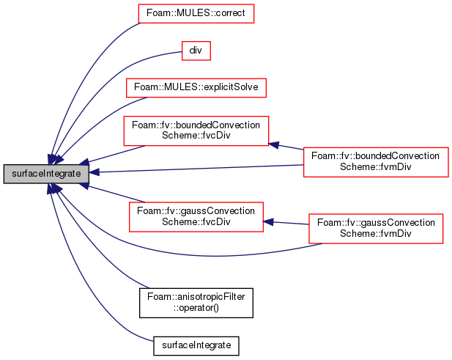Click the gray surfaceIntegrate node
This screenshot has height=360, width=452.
(x=46, y=174)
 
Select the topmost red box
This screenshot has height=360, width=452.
(x=196, y=13)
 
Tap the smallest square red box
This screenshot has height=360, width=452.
(x=196, y=51)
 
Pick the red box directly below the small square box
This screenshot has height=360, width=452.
(x=196, y=87)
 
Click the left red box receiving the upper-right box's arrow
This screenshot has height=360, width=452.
(x=196, y=131)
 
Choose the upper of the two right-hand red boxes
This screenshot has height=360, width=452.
(x=375, y=161)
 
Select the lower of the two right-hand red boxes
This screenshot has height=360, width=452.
(x=376, y=228)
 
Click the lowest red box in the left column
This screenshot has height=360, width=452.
(x=196, y=217)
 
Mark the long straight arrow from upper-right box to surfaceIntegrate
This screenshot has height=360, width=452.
(x=198, y=169)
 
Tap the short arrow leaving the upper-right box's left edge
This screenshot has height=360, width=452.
(x=287, y=147)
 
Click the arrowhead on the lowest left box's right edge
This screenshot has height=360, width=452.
(x=268, y=220)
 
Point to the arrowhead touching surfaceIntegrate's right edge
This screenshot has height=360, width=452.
(x=95, y=173)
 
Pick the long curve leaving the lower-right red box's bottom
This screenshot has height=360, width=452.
(x=220, y=255)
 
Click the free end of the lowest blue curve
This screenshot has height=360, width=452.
(x=152, y=341)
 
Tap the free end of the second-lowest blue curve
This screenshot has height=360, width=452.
(x=149, y=287)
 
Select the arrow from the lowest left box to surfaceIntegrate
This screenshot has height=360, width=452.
(x=114, y=193)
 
